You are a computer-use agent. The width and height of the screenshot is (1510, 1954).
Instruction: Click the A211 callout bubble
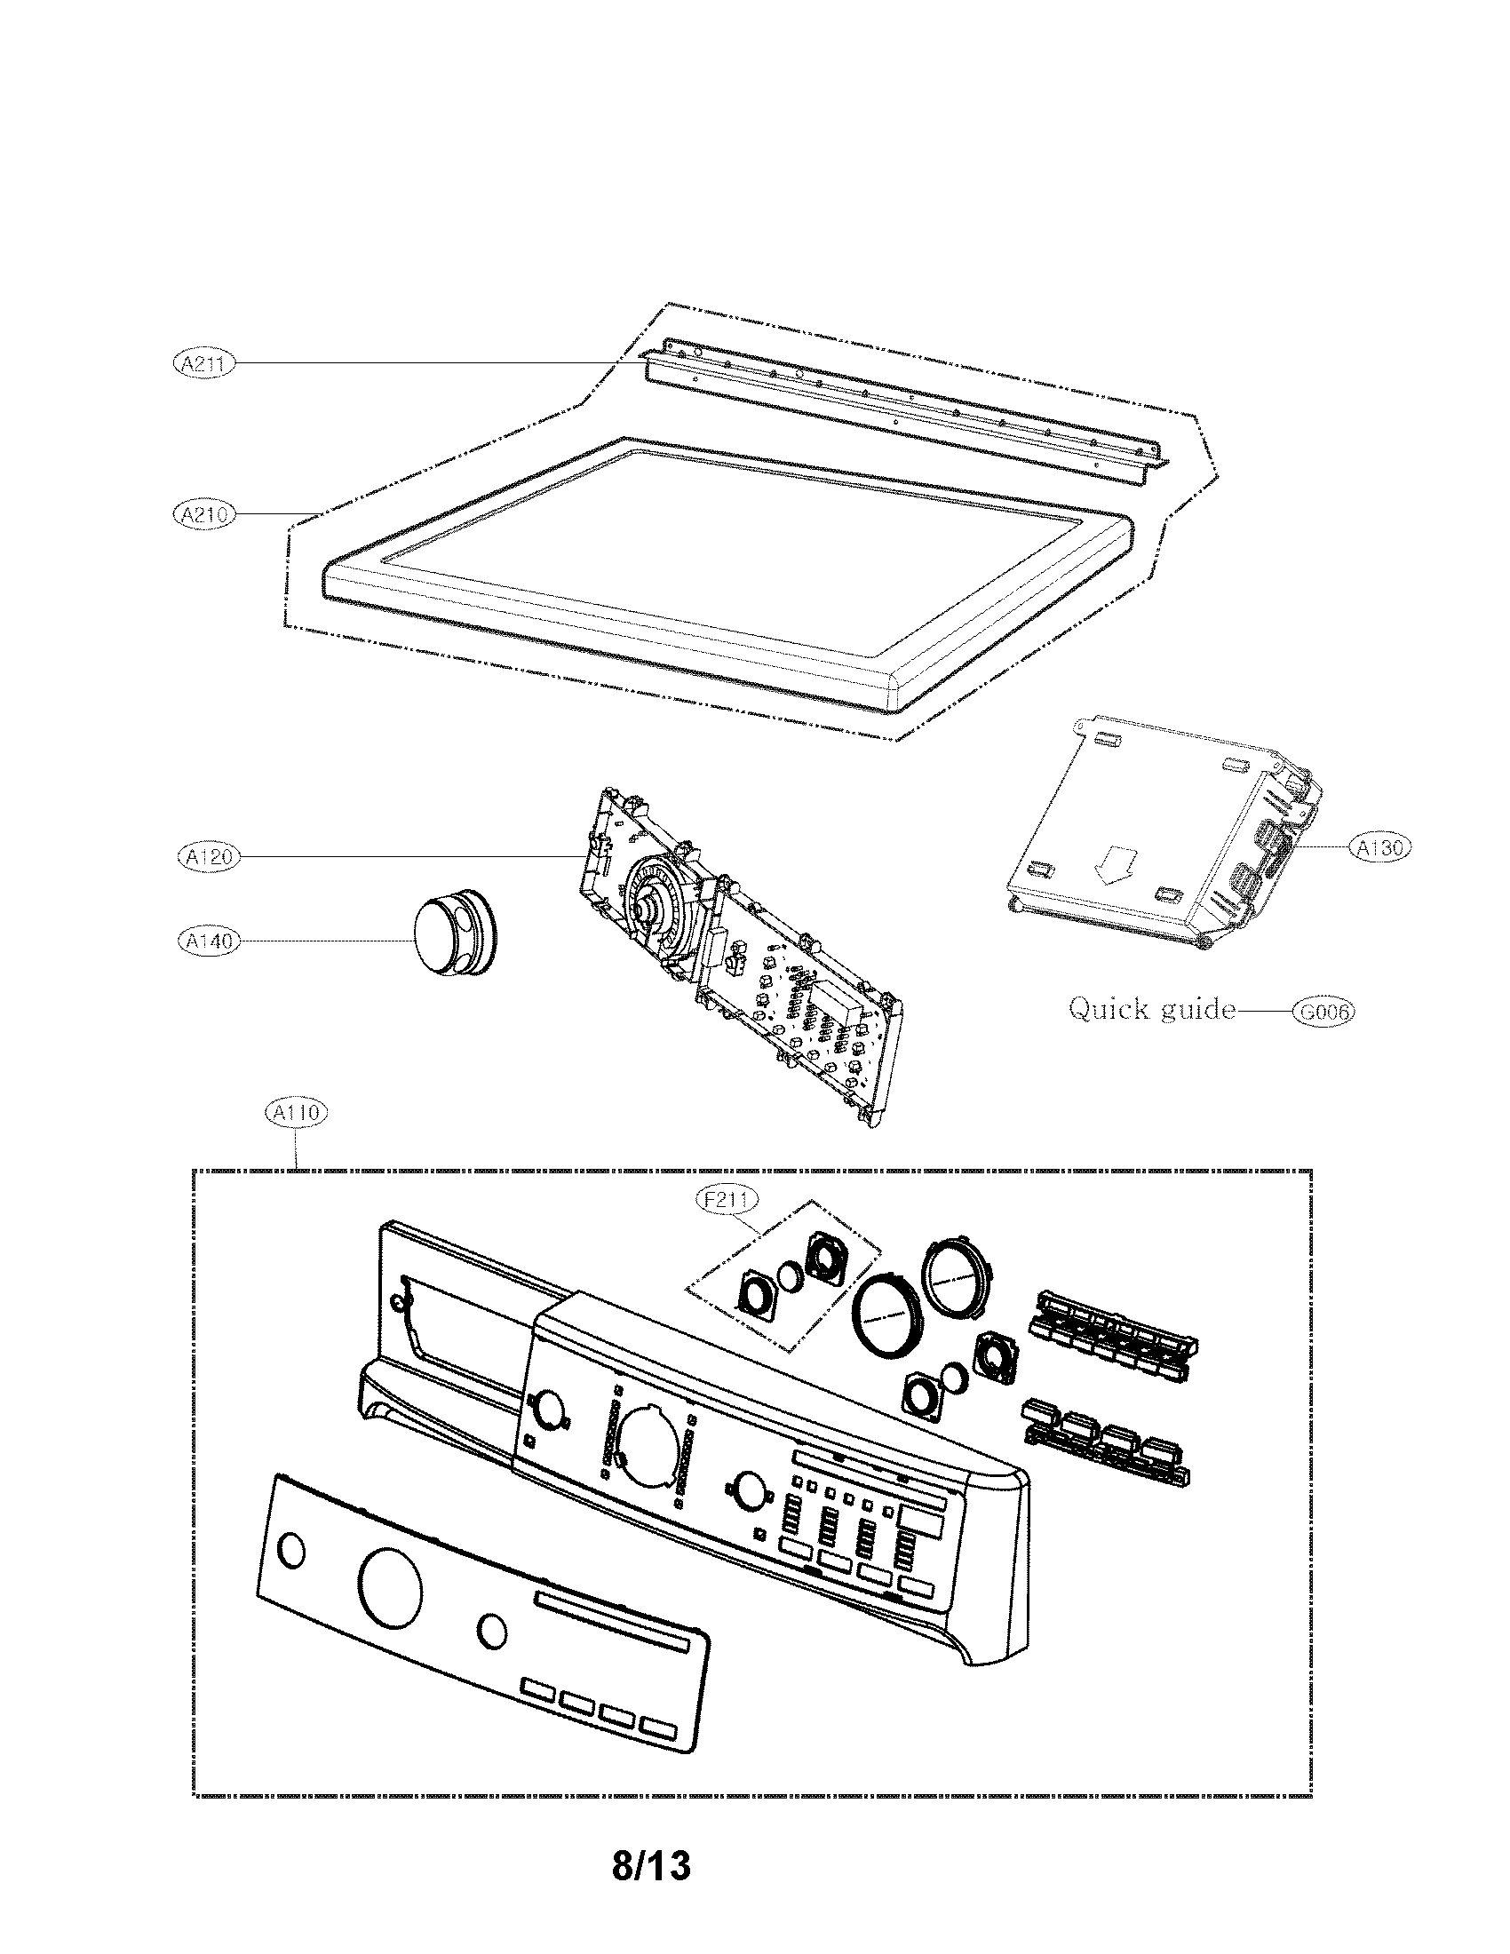pyautogui.click(x=203, y=363)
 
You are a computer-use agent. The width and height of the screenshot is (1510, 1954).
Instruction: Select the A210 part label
pyautogui.click(x=203, y=514)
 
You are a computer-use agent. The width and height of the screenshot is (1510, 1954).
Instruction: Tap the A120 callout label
pyautogui.click(x=208, y=856)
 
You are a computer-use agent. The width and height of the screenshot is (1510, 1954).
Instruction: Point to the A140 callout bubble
pyautogui.click(x=208, y=941)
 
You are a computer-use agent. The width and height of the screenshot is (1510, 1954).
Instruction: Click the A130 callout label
pyautogui.click(x=1379, y=847)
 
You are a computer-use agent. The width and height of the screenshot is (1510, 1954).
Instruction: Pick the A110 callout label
pyautogui.click(x=297, y=1113)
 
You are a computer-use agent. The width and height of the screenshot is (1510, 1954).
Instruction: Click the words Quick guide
pyautogui.click(x=1151, y=1010)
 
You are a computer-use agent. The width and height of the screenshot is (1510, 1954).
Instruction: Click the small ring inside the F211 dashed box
pyautogui.click(x=791, y=1276)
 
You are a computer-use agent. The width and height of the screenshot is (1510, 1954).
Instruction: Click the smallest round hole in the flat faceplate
pyautogui.click(x=291, y=1550)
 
